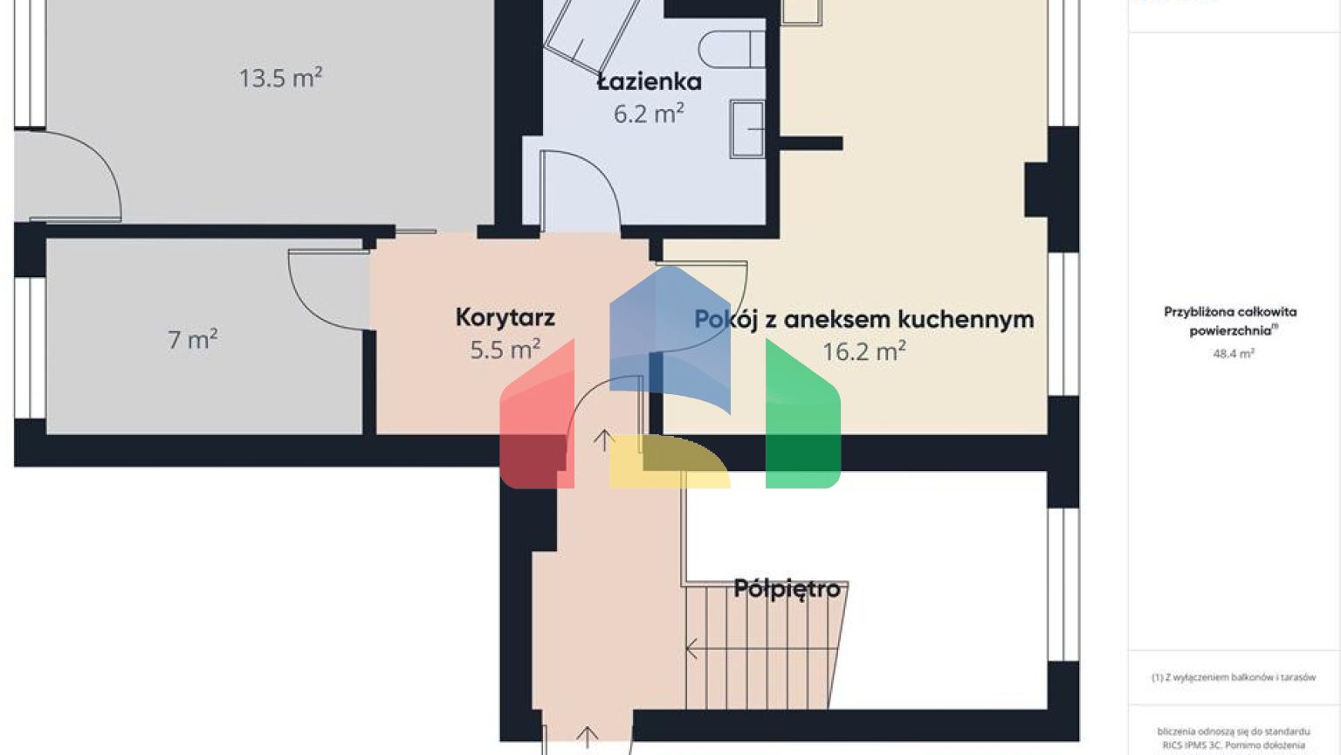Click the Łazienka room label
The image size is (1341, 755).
coord(649,82)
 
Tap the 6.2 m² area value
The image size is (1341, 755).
coord(648,114)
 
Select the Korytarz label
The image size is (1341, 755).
coord(505,317)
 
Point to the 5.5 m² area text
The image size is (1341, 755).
coord(505,350)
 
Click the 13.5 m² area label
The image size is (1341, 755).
coord(280,78)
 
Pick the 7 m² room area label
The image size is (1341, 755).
coord(192,339)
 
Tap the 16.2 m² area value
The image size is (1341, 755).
coord(863,351)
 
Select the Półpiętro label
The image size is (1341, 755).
coord(787,588)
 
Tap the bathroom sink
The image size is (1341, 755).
coord(746,129)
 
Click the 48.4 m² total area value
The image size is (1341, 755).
coord(1233,354)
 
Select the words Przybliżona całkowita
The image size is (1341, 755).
coord(1229,312)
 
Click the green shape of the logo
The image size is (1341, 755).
coord(802,415)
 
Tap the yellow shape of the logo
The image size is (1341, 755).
coord(668,463)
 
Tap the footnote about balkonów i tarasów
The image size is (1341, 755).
coord(1233,677)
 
